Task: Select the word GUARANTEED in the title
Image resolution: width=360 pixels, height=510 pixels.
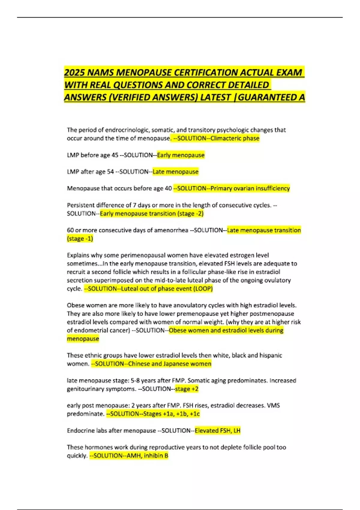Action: [x=267, y=97]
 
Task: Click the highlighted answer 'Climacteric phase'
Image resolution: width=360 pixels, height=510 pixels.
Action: [x=235, y=138]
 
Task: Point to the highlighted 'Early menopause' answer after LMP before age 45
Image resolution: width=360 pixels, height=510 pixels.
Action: [x=181, y=155]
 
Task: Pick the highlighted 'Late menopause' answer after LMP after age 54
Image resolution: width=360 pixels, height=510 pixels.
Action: [x=175, y=172]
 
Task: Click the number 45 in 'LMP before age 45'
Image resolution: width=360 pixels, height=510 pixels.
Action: [x=115, y=155]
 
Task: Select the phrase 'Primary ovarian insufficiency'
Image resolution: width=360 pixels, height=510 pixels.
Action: [x=250, y=188]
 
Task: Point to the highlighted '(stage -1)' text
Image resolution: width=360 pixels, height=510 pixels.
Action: [x=80, y=238]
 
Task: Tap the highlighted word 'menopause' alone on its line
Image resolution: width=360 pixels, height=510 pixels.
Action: [x=83, y=339]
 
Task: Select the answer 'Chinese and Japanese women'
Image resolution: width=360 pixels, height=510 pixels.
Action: [x=169, y=364]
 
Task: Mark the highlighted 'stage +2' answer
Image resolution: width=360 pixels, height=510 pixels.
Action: [x=187, y=389]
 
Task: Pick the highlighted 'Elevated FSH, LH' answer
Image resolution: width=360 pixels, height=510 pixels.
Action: [x=217, y=431]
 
